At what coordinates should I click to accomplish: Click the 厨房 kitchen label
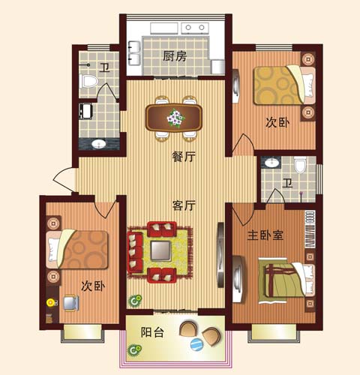coord(175,55)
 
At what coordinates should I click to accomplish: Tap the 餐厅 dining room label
coord(184,157)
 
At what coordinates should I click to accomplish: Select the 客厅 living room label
coord(184,205)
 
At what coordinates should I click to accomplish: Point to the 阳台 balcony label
coord(152,332)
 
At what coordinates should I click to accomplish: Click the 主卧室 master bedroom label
coord(265,235)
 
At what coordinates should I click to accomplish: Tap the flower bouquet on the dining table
coord(175,118)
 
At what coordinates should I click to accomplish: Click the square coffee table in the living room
coord(161,251)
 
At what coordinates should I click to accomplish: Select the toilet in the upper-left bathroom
coord(88,81)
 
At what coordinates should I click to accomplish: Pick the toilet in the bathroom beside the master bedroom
coord(300,165)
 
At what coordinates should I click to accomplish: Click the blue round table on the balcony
coord(196,345)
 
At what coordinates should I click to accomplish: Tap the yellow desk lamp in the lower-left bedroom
coord(51,302)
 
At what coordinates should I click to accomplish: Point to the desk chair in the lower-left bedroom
coord(71,303)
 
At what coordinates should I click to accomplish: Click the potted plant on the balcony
coord(134,350)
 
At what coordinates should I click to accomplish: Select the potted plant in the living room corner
coord(135,301)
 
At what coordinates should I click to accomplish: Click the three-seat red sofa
coord(135,253)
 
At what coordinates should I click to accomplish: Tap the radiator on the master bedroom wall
coord(310,229)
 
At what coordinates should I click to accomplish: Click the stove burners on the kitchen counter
coord(195,28)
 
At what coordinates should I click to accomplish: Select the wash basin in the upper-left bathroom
coord(99,144)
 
